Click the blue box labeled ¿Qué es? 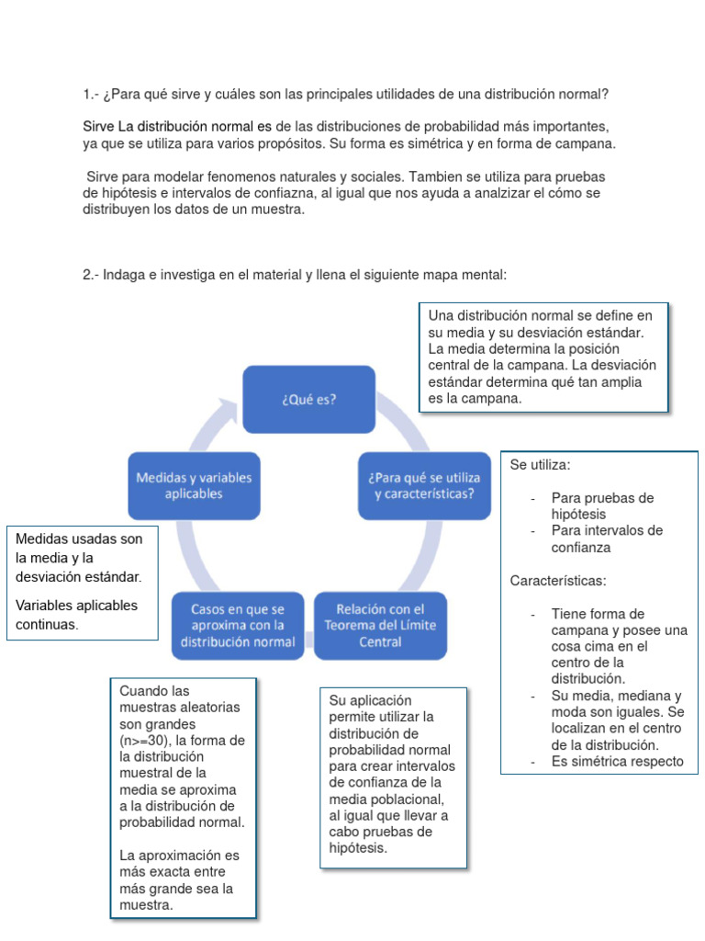coord(308,399)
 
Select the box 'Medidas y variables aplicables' coord(194,486)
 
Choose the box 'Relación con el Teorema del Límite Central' coord(380,625)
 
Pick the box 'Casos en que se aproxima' coord(238,625)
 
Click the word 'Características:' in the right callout coord(558,581)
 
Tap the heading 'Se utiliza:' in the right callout coord(541,465)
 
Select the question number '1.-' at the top coord(92,95)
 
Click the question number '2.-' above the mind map coord(92,274)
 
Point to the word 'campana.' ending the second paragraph coord(590,144)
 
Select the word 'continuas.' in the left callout coord(48,625)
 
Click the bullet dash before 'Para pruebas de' coord(533,498)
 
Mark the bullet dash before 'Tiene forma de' coord(533,614)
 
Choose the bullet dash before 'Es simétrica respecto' coord(533,762)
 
